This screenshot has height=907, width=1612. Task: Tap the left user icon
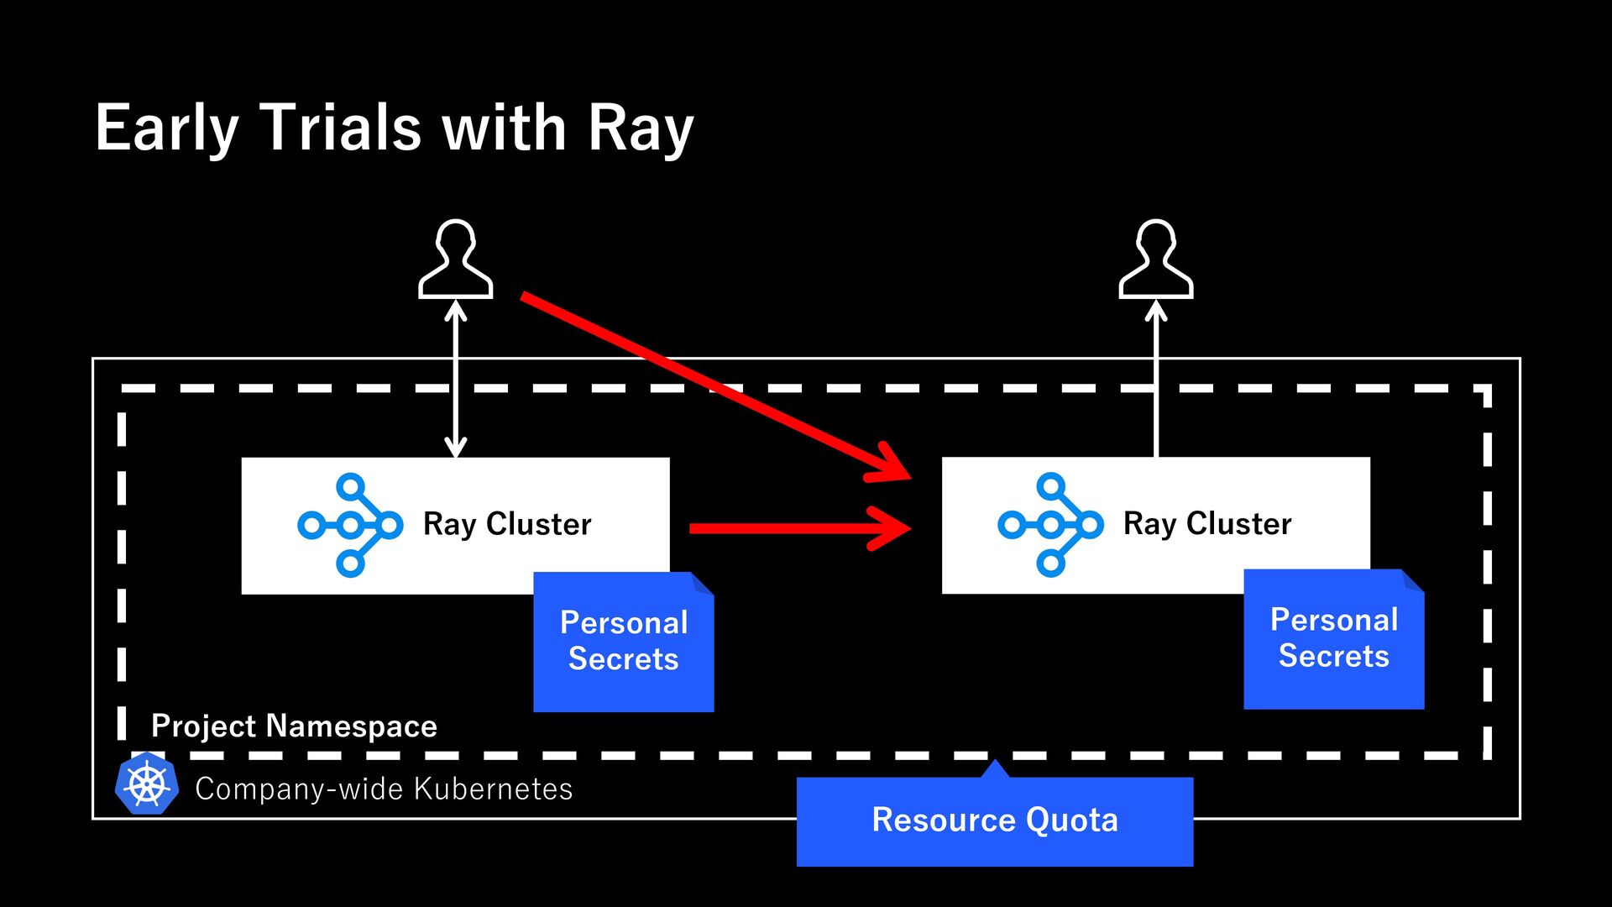456,259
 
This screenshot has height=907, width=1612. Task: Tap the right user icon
1156,259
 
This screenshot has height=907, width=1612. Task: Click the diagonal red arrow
715,387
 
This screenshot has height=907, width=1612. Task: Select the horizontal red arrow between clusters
800,528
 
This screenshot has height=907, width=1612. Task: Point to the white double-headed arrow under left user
456,379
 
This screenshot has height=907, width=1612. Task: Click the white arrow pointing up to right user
1156,379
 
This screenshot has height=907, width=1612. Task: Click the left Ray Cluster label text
507,524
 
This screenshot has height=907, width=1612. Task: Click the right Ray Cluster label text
1207,524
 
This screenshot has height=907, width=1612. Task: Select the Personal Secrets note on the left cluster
624,642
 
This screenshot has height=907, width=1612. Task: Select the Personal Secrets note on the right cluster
1334,639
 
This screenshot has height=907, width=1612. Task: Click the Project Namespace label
294,726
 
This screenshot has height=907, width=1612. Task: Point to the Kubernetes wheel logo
147,784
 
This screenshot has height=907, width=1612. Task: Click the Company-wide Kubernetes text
384,789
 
